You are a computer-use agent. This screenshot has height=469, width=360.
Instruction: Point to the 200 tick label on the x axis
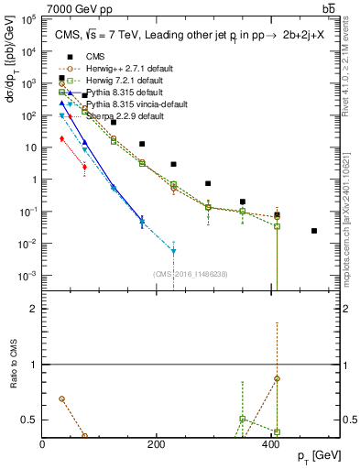click(157, 444)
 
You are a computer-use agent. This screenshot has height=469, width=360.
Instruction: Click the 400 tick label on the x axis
click(271, 444)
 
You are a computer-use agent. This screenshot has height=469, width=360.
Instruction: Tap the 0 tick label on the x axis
click(43, 444)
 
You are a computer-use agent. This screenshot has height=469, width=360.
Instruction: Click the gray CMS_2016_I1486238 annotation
click(191, 274)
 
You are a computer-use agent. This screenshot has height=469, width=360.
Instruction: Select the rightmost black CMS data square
click(314, 231)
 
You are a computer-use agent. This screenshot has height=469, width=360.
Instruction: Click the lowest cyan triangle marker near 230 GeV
click(173, 250)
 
